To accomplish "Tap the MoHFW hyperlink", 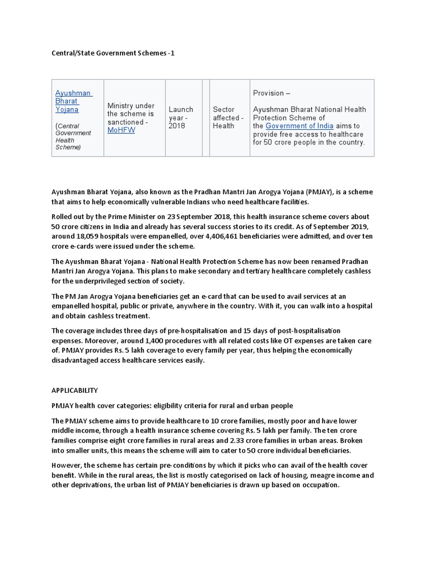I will (121, 130).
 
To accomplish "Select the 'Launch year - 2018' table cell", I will (181, 118).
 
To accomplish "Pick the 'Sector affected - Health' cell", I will (227, 118).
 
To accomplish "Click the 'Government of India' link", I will (300, 126).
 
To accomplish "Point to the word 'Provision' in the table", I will (268, 93).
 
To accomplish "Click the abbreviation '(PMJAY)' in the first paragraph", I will (315, 192).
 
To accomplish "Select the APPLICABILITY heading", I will (75, 390).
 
